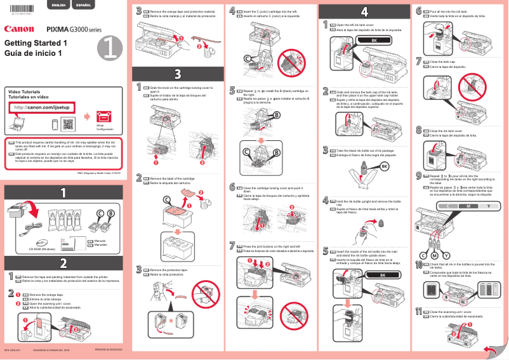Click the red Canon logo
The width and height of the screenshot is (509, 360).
[x=19, y=29]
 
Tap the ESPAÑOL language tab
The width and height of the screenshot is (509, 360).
[x=83, y=5]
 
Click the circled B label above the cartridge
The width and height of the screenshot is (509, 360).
[x=110, y=213]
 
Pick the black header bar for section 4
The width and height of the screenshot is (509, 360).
[x=364, y=11]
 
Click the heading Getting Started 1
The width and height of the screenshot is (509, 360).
[x=36, y=43]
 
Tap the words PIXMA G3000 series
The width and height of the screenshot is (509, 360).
[x=74, y=29]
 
